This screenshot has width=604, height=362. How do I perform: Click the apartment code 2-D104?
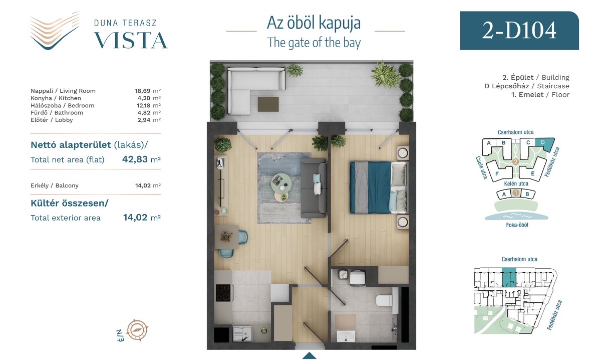tap(519, 30)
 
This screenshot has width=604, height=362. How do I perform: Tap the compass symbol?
tap(137, 329)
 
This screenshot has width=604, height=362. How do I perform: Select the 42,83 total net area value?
tap(135, 159)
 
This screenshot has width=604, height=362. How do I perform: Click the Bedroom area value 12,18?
tap(143, 106)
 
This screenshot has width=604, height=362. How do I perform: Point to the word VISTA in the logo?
tap(131, 41)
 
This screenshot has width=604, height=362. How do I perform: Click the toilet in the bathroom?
tap(384, 300)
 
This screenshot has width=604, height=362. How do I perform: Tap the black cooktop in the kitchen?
tap(223, 293)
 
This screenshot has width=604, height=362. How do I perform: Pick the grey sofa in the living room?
tap(314, 188)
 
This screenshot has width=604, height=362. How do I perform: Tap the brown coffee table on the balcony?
tap(268, 104)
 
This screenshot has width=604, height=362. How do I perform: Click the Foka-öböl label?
tap(517, 225)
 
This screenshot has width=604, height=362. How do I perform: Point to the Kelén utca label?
tap(516, 184)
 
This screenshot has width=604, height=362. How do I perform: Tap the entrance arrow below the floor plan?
tap(310, 355)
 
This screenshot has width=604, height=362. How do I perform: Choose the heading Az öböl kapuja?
tap(314, 23)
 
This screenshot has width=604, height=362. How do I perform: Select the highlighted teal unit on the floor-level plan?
tap(509, 277)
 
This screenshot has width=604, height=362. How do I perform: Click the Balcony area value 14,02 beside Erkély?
tap(143, 186)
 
